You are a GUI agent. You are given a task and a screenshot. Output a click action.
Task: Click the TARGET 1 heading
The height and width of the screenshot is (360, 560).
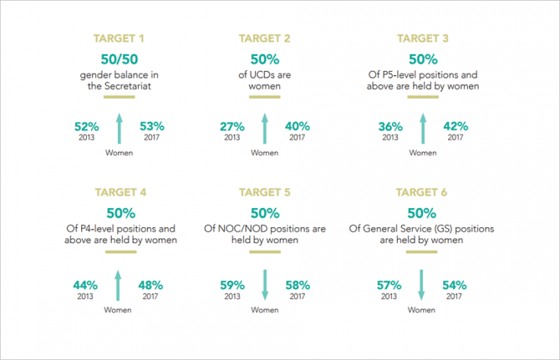[x=119, y=38]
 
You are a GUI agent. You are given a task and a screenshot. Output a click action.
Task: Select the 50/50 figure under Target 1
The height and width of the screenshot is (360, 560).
[x=120, y=59]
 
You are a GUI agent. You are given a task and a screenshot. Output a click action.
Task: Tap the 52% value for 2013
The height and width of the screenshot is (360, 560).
[x=87, y=127]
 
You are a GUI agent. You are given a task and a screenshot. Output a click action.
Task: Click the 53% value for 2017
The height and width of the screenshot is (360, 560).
[x=152, y=126]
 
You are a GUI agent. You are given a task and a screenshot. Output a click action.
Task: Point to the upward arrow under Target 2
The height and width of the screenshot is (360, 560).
[x=265, y=129]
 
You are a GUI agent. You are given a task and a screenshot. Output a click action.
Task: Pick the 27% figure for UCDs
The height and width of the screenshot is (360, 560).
[x=232, y=127]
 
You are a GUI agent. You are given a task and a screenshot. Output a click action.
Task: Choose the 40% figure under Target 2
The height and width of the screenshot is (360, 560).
[x=298, y=126]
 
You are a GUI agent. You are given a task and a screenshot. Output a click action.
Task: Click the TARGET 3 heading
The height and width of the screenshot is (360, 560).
[x=422, y=38]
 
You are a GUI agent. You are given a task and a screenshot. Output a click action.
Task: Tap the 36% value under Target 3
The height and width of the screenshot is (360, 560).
[x=390, y=127]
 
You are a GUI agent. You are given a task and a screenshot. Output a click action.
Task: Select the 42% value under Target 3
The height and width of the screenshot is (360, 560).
[x=456, y=126]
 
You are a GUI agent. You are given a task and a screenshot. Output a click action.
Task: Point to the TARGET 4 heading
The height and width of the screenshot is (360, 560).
[x=120, y=192]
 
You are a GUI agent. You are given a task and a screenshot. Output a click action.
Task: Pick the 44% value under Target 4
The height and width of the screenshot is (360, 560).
[x=85, y=286]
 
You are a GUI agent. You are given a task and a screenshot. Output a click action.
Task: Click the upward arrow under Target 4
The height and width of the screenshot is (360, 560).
[x=118, y=286]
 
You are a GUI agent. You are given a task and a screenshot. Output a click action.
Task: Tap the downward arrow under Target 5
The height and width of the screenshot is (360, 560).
[x=265, y=285]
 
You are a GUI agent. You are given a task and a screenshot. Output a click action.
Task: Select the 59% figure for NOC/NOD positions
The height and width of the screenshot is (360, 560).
[x=232, y=286]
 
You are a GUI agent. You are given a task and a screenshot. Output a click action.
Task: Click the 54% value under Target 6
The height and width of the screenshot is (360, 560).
[x=455, y=286]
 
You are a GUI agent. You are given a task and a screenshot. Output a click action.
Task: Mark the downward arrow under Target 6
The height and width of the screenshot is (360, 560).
[x=421, y=285]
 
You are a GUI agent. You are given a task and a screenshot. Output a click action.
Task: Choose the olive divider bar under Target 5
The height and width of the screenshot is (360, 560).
[x=265, y=252]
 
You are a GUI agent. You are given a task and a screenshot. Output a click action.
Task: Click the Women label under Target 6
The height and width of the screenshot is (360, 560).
[x=421, y=310]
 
